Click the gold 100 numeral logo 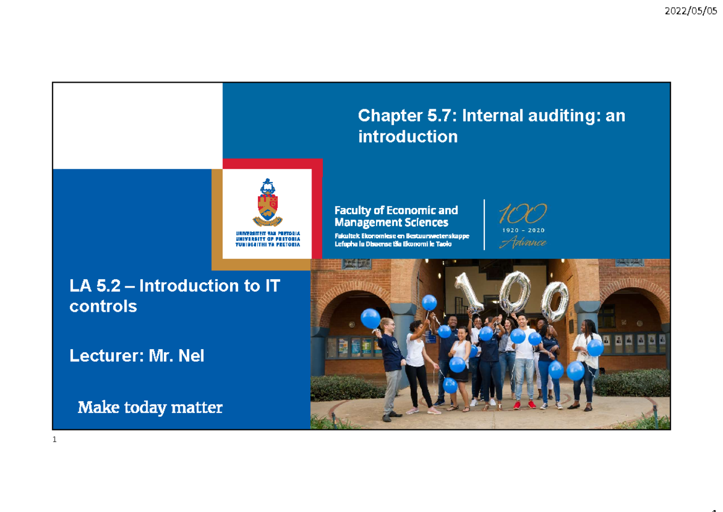(522, 213)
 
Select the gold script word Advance (522, 242)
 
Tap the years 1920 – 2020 (522, 230)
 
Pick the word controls (103, 306)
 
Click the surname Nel (191, 356)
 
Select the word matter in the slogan (197, 408)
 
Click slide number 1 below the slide (54, 440)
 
